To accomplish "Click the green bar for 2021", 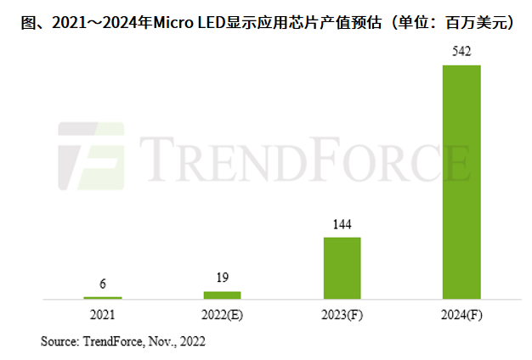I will tap(102, 297).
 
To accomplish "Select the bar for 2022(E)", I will tap(222, 295).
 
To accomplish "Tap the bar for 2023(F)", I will tap(342, 267).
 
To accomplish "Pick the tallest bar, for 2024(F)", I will tap(461, 182).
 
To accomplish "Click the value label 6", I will tap(102, 284).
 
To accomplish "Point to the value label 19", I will tap(222, 278).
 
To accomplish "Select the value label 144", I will tap(342, 225).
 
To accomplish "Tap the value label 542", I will tap(461, 53).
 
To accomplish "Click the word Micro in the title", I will tap(173, 21).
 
